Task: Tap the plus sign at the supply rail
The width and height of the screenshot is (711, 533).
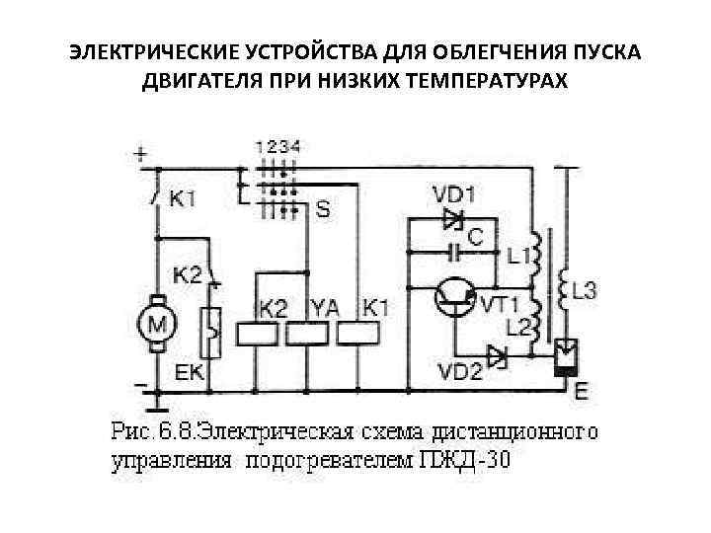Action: point(142,155)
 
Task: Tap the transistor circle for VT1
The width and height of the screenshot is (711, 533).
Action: point(453,296)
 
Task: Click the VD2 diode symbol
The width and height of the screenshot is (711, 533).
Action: point(496,353)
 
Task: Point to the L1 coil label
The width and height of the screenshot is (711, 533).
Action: point(517,257)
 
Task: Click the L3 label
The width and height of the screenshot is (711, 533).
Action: point(585,291)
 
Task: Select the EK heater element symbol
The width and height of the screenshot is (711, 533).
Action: point(209,333)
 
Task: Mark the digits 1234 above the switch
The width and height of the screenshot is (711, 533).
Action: point(279,145)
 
